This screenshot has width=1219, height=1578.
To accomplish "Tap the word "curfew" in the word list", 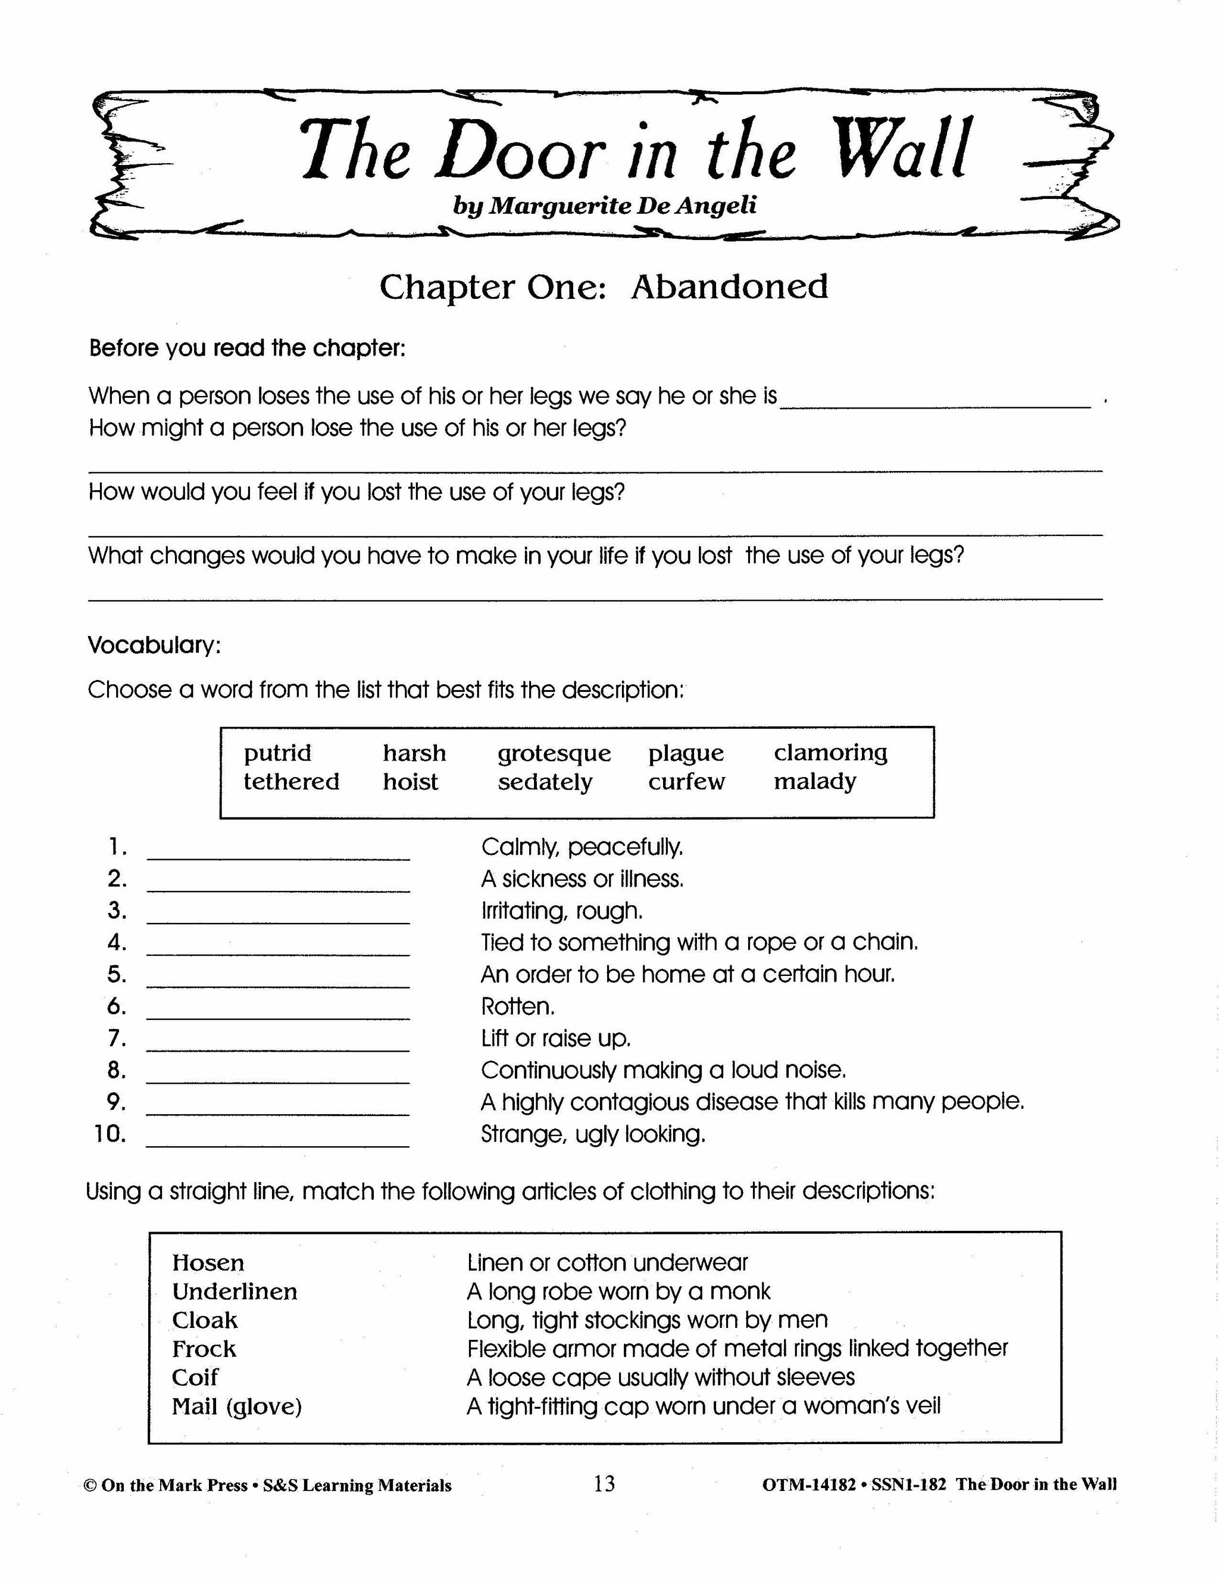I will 686,782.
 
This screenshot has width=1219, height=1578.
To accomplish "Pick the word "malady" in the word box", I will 815,782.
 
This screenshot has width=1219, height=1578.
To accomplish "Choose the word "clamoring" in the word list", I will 830,753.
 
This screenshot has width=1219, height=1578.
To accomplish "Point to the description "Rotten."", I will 518,1006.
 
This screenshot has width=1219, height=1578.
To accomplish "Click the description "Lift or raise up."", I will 556,1039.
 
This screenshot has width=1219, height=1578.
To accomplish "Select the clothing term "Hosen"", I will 208,1263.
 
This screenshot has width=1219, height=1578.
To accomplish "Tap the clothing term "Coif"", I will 195,1377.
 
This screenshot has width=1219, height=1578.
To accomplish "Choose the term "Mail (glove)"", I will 237,1406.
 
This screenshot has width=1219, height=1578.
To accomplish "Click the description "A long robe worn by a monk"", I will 619,1291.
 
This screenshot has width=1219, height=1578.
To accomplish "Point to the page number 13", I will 605,1484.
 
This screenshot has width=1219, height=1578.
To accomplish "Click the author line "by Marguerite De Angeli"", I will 605,206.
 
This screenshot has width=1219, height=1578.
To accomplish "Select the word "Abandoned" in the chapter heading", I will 729,287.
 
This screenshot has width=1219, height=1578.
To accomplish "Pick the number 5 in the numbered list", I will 116,974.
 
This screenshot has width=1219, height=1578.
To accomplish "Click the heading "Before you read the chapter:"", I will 247,348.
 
